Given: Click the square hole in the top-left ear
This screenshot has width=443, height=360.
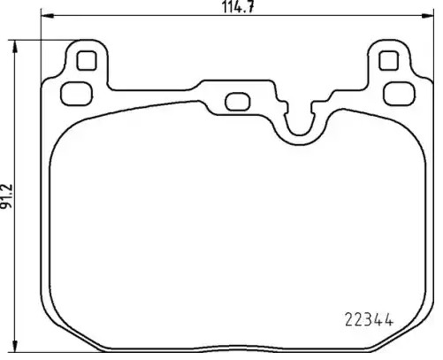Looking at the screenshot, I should (x=85, y=61).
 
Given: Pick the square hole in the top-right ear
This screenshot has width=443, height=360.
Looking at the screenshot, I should (x=387, y=61).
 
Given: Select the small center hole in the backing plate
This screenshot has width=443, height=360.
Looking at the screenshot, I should (x=236, y=102).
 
